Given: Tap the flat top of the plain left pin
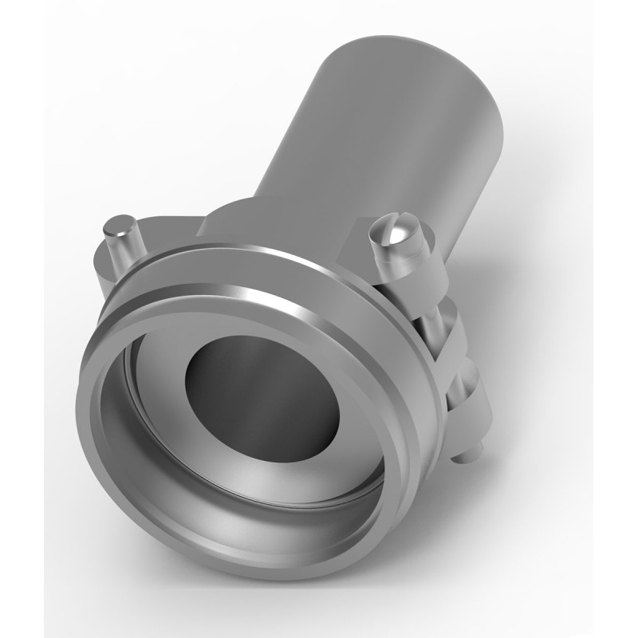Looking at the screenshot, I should (x=120, y=224).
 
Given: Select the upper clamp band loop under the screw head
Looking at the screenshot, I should (x=415, y=275).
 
